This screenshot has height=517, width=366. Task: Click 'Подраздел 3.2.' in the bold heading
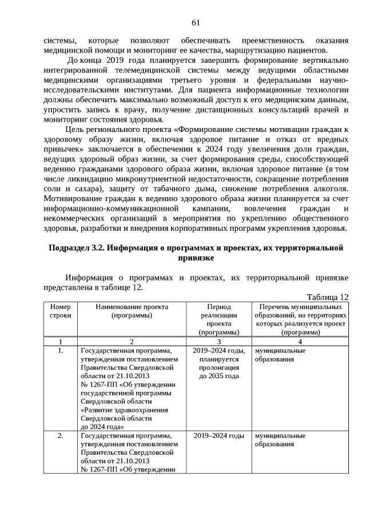click(77, 248)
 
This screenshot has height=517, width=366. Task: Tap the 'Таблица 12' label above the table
click(327, 296)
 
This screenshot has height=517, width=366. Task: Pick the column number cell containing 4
click(300, 341)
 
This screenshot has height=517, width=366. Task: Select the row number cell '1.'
click(61, 350)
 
